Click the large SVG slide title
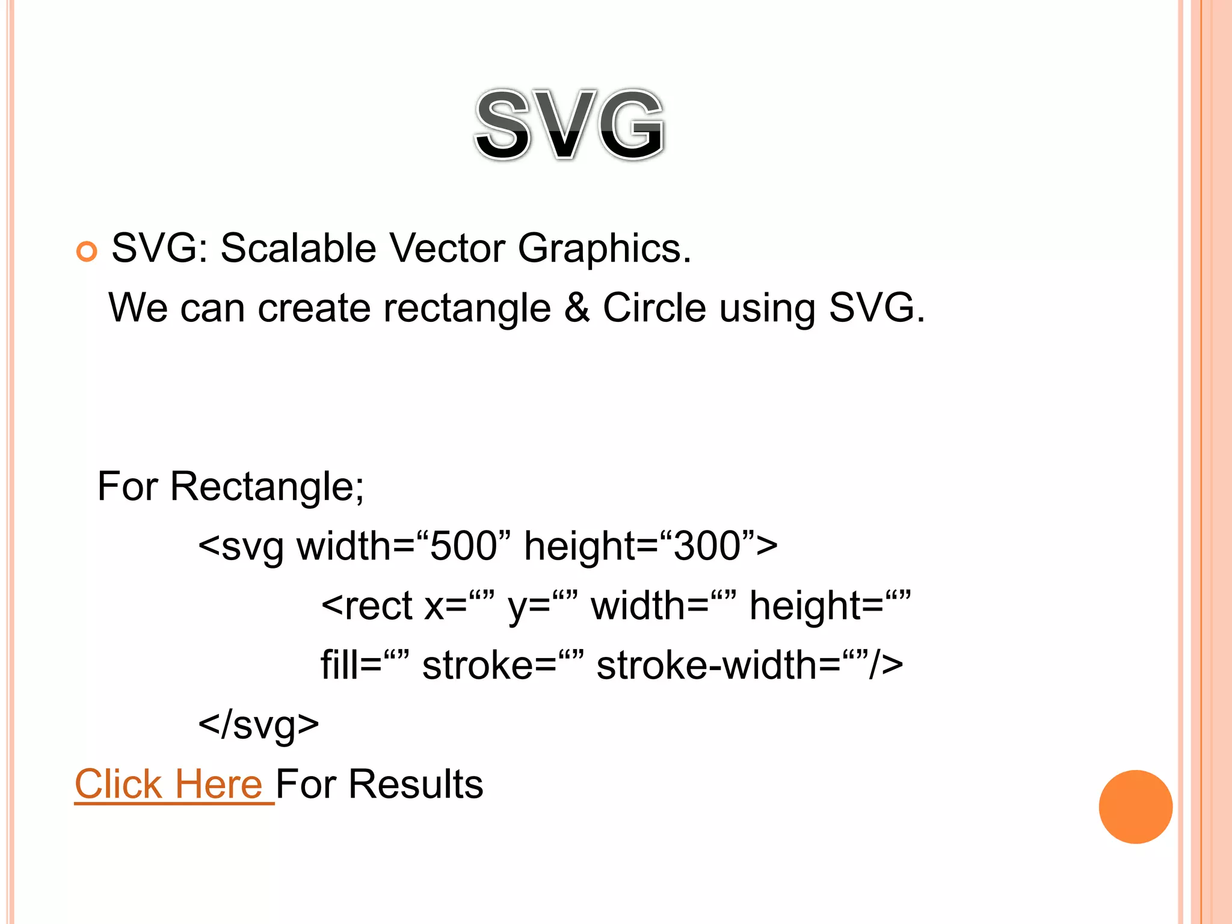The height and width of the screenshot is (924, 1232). coord(570,125)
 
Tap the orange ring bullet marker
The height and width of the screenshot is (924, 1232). coord(87,251)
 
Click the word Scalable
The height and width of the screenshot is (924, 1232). coord(298,248)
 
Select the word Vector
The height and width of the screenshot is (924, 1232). coord(447,248)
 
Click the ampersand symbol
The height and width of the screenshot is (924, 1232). coord(577,308)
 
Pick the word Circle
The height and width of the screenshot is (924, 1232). coord(654,307)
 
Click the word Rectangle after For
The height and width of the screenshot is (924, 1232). coord(266,487)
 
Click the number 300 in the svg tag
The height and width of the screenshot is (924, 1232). coord(707,546)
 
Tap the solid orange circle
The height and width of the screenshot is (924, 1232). coord(1135,807)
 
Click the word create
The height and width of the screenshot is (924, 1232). coord(314,308)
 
